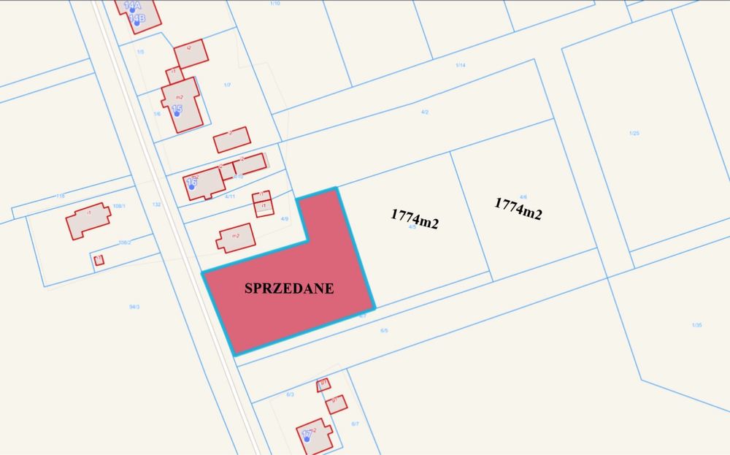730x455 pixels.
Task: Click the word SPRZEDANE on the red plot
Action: (288, 288)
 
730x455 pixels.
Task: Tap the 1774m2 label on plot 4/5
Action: (414, 218)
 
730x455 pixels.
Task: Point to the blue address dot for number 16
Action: (192, 186)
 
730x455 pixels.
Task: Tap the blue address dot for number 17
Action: (308, 438)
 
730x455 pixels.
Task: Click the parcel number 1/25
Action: (634, 133)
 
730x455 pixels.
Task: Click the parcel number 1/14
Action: (460, 66)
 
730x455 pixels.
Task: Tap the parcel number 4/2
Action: (425, 112)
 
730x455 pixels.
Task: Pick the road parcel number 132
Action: (156, 204)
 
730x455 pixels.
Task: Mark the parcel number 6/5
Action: (384, 330)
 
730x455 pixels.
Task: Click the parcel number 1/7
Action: (227, 85)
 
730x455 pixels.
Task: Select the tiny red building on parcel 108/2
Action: (99, 259)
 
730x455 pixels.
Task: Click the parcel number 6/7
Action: (355, 424)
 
